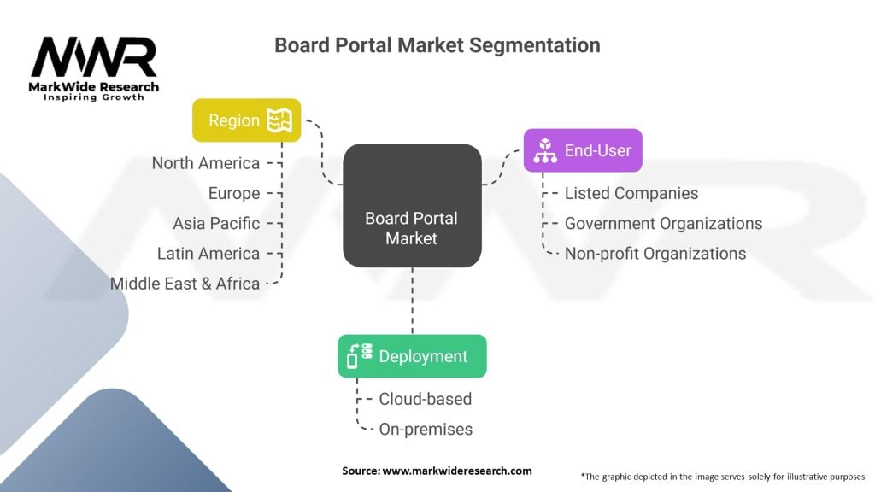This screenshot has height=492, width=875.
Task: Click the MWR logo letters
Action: (x=94, y=57)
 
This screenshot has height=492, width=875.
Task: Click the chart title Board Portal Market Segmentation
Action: (x=437, y=45)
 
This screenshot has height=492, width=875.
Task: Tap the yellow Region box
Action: (x=247, y=120)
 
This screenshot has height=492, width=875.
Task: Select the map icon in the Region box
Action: (x=279, y=120)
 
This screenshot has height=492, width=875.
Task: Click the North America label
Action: (x=205, y=163)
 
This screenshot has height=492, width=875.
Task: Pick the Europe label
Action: (x=234, y=193)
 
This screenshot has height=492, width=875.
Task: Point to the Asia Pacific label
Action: (x=216, y=223)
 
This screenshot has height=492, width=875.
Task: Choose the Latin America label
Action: (x=208, y=253)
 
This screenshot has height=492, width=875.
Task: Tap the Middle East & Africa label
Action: (x=185, y=284)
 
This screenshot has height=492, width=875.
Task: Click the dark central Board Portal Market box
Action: (x=412, y=205)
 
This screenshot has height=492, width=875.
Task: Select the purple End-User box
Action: (x=583, y=150)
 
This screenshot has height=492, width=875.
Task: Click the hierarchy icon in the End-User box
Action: (x=545, y=150)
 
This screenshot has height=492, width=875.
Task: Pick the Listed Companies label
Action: (x=631, y=193)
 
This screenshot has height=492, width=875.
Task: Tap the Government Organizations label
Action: (x=663, y=223)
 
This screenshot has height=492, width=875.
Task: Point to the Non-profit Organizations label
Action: (x=655, y=253)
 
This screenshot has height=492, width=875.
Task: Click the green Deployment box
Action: (x=412, y=356)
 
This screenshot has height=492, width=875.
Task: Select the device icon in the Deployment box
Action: (x=360, y=356)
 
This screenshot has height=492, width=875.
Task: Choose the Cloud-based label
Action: (x=426, y=399)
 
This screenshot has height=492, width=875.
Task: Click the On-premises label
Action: (x=426, y=429)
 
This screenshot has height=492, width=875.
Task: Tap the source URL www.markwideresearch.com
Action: (x=457, y=471)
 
